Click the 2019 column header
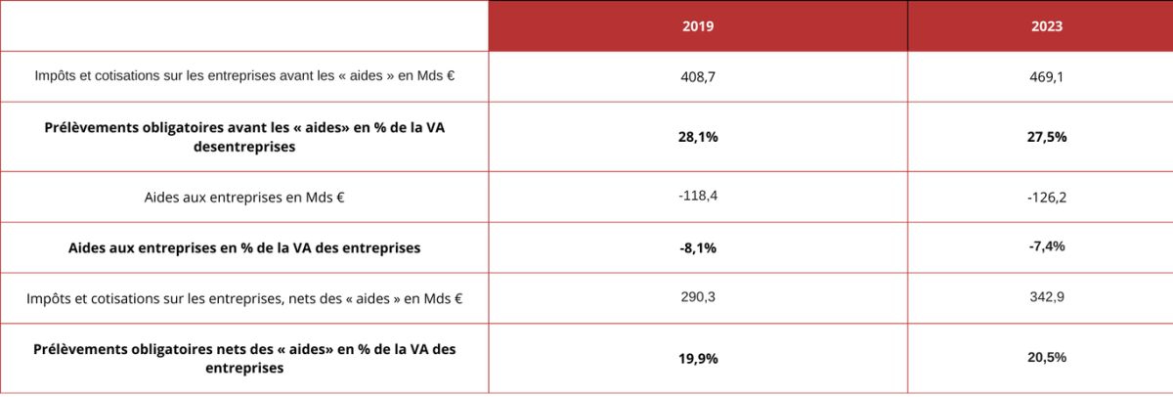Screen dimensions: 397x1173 (698, 27)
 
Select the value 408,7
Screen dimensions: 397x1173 (698, 75)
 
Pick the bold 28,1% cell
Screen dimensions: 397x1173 (698, 137)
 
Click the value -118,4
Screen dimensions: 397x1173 (698, 197)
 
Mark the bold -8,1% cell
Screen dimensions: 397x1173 (698, 248)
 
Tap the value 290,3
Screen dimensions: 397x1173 (698, 296)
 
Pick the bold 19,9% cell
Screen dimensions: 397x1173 (698, 359)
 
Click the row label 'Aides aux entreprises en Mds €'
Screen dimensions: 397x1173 (244, 198)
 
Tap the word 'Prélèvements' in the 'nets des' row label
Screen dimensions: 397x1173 (80, 349)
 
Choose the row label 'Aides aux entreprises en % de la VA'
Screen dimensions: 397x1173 (244, 248)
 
